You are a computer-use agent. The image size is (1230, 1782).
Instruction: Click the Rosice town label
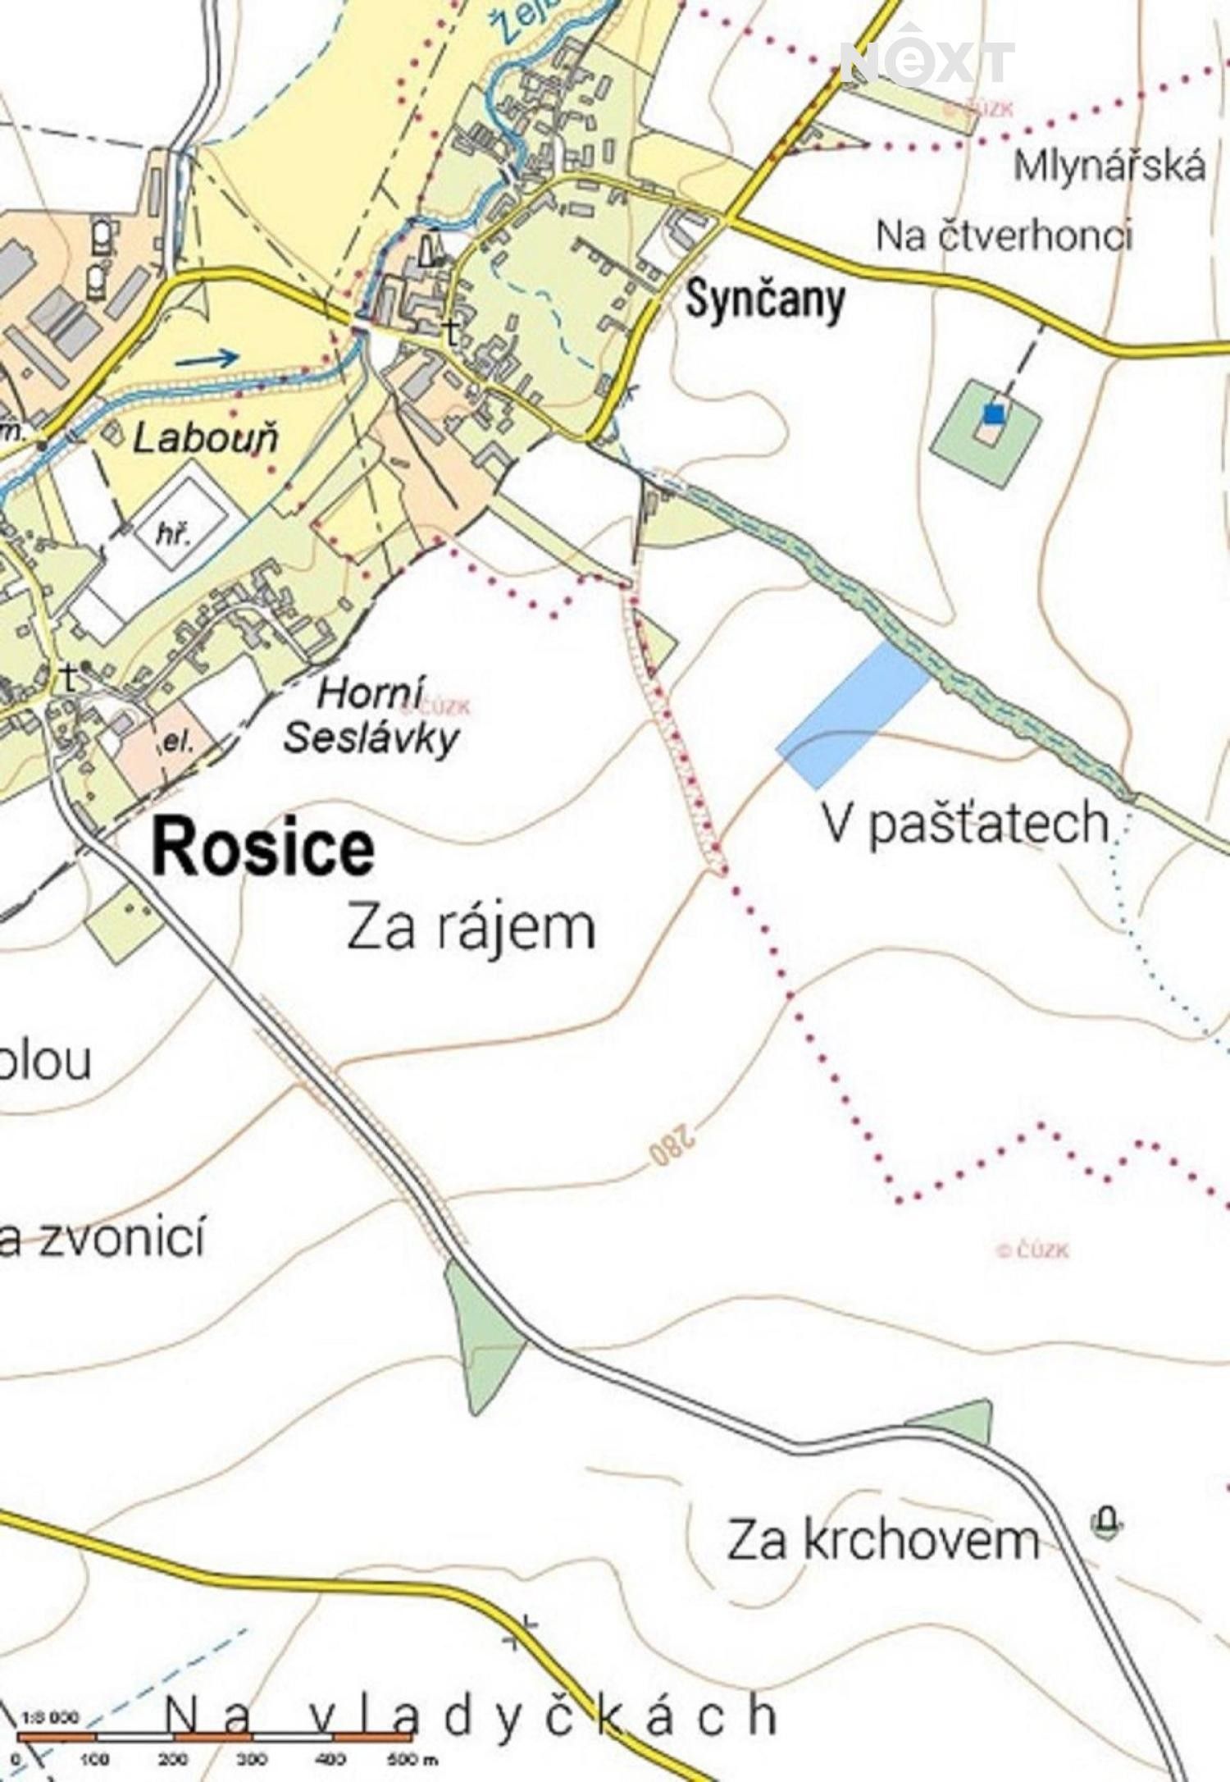pyautogui.click(x=263, y=848)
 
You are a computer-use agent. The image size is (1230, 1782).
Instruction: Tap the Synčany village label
pyautogui.click(x=764, y=300)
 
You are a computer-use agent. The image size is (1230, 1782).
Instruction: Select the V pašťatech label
pyautogui.click(x=966, y=823)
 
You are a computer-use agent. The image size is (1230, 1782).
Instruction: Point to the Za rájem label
pyautogui.click(x=471, y=928)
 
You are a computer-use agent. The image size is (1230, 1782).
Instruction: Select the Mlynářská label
pyautogui.click(x=1109, y=167)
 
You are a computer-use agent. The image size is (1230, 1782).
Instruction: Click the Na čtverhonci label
pyautogui.click(x=1004, y=236)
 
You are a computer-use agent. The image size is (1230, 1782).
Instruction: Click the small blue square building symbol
pyautogui.click(x=993, y=414)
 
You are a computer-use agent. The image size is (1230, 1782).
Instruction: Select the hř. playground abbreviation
pyautogui.click(x=173, y=535)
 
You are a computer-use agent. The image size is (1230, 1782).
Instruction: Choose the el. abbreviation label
pyautogui.click(x=177, y=742)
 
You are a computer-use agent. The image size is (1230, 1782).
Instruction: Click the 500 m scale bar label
pyautogui.click(x=412, y=1758)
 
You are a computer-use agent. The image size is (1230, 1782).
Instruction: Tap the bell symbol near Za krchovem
pyautogui.click(x=1106, y=1523)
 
